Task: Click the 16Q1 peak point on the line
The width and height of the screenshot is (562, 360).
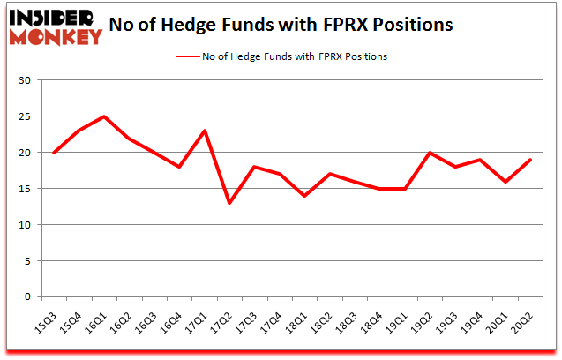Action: tap(104, 116)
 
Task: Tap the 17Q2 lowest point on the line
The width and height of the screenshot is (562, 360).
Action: tap(229, 203)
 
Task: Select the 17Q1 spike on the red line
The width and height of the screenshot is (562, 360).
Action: tap(205, 131)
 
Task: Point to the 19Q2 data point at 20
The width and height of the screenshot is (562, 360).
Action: tap(430, 153)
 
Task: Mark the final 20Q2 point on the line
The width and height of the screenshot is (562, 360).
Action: tap(529, 160)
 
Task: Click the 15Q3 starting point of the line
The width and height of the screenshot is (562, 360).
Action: tap(55, 153)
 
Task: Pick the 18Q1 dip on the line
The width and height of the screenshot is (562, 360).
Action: tap(304, 196)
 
